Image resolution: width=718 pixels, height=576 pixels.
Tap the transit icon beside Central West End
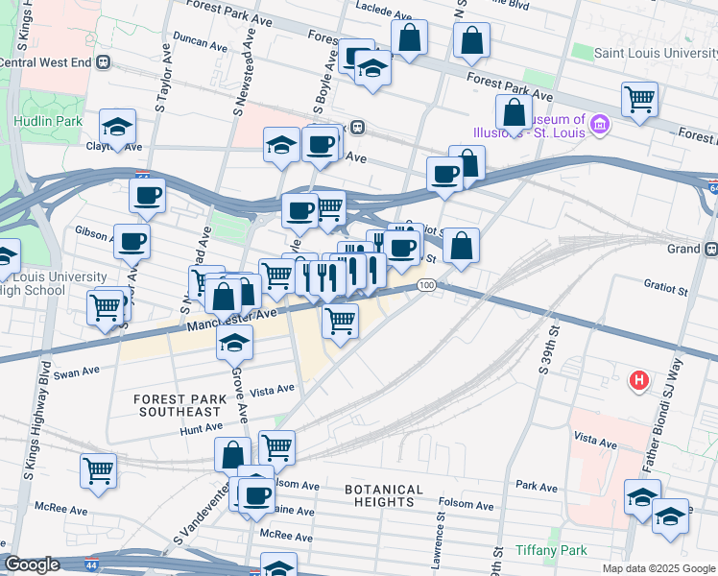(x=104, y=62)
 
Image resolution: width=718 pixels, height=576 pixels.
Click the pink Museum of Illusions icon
(x=600, y=123)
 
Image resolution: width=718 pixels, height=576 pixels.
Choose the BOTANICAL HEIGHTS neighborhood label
(x=384, y=495)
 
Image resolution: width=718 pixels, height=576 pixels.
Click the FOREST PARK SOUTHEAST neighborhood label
(x=179, y=405)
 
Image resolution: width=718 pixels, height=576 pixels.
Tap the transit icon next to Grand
(x=710, y=249)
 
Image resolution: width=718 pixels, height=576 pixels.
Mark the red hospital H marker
(x=637, y=381)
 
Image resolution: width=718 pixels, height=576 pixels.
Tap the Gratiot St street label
(x=665, y=288)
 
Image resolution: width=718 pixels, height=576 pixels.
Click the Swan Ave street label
(x=77, y=372)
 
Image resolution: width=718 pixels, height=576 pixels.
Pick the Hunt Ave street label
(x=201, y=431)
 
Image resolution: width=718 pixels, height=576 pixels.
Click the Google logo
(x=33, y=564)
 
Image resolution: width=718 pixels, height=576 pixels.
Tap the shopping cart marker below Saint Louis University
(x=638, y=99)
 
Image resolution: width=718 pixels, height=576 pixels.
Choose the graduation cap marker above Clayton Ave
(x=117, y=128)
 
